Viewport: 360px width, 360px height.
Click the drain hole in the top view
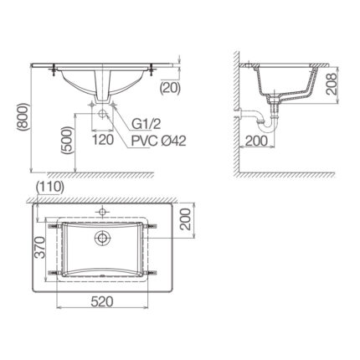tap(102, 240)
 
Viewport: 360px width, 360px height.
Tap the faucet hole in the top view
tap(102, 210)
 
